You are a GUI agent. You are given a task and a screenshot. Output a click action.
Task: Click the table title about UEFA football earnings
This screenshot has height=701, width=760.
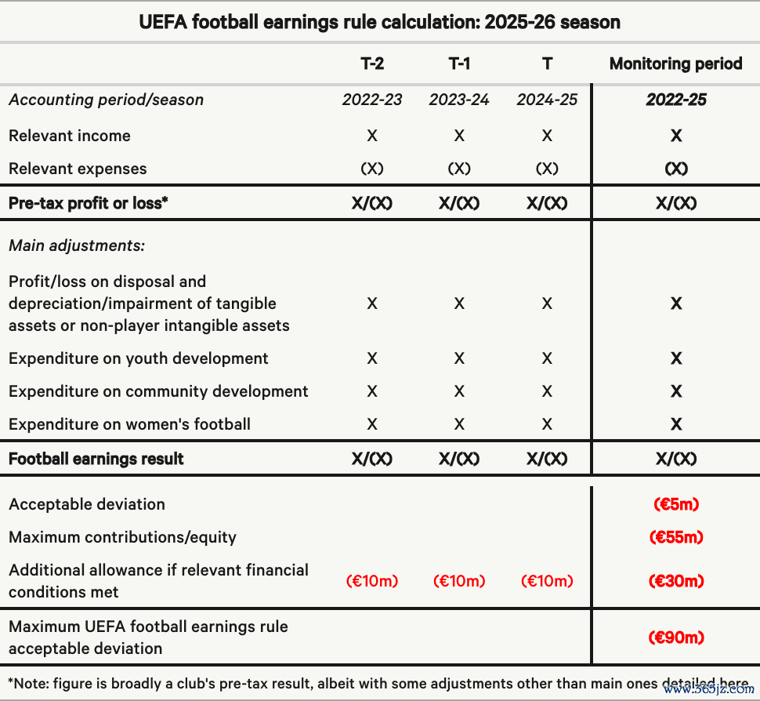click(x=379, y=22)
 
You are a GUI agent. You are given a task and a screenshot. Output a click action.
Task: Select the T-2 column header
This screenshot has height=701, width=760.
click(x=372, y=64)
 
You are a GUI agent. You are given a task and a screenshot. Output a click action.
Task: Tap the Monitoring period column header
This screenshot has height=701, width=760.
click(x=675, y=64)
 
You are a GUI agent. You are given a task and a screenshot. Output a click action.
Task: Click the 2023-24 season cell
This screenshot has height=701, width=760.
click(x=459, y=100)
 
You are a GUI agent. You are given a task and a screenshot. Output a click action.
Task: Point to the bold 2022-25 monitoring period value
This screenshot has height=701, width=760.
click(x=675, y=100)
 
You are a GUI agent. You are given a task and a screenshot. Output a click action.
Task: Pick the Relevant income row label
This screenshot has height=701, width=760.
click(x=70, y=136)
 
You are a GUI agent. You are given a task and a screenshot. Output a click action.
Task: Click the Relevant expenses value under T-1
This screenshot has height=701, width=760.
click(x=459, y=169)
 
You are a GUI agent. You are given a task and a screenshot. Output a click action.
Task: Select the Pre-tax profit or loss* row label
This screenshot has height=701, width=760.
click(x=89, y=203)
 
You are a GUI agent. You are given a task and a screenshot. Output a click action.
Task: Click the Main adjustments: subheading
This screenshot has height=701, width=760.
click(x=77, y=245)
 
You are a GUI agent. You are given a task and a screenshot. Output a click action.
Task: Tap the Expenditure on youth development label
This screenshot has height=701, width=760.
click(x=139, y=358)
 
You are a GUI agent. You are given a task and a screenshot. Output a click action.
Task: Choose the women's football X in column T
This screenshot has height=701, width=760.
click(x=547, y=424)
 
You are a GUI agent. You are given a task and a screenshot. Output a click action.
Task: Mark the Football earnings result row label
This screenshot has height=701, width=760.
click(x=96, y=459)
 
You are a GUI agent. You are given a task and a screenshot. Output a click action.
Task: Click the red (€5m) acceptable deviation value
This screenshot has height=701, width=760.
click(x=675, y=504)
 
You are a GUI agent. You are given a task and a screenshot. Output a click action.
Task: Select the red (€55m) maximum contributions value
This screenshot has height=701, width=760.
click(x=675, y=537)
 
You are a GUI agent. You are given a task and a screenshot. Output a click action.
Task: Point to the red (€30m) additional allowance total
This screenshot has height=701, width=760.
click(x=675, y=581)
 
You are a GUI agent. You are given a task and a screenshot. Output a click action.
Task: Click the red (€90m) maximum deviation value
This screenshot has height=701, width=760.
click(x=675, y=637)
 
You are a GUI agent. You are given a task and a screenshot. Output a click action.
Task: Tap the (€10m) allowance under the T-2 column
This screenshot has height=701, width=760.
click(x=372, y=581)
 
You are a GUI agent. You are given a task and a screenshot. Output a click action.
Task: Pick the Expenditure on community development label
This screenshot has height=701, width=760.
click(x=158, y=391)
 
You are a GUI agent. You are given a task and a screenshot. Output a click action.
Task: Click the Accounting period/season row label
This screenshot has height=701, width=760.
click(x=106, y=100)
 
